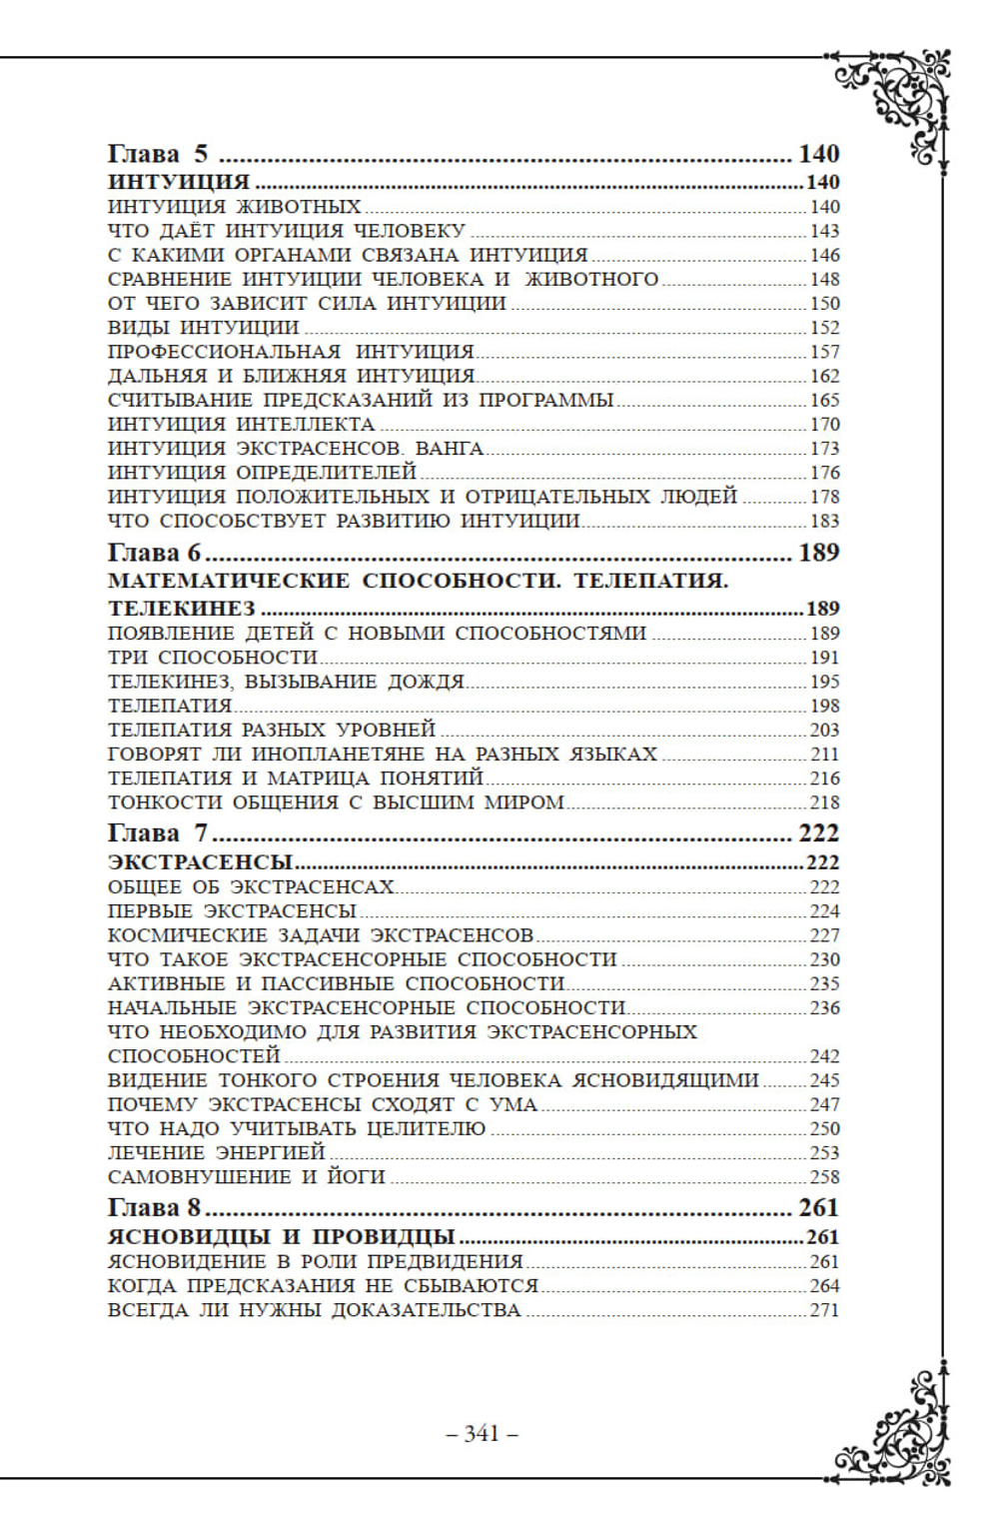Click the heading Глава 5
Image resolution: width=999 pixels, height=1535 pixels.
pos(158,154)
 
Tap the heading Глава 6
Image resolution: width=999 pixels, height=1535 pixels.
pos(154,553)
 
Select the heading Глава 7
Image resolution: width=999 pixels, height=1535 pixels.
pos(158,833)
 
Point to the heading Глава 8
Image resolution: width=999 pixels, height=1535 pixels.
pos(154,1207)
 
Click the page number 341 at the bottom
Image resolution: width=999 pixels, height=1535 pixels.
pos(482,1433)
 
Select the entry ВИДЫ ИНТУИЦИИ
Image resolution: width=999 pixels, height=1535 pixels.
pos(203,328)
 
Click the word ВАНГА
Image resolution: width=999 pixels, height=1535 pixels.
pos(449,449)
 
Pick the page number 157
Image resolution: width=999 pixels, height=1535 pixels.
pos(824,353)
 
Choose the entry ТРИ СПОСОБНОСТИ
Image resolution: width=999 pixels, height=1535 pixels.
pos(212,658)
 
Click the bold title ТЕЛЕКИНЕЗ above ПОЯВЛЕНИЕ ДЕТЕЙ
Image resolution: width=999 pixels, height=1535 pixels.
pos(181,609)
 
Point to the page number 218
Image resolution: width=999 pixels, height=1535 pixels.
pos(824,802)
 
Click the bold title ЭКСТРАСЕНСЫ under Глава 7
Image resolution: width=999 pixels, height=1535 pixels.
pos(200,862)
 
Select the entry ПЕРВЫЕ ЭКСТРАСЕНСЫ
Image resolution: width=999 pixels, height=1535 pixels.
pos(232,911)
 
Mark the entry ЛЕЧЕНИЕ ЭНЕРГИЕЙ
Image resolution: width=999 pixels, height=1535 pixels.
pos(217,1153)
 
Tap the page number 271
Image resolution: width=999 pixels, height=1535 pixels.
pos(824,1310)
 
